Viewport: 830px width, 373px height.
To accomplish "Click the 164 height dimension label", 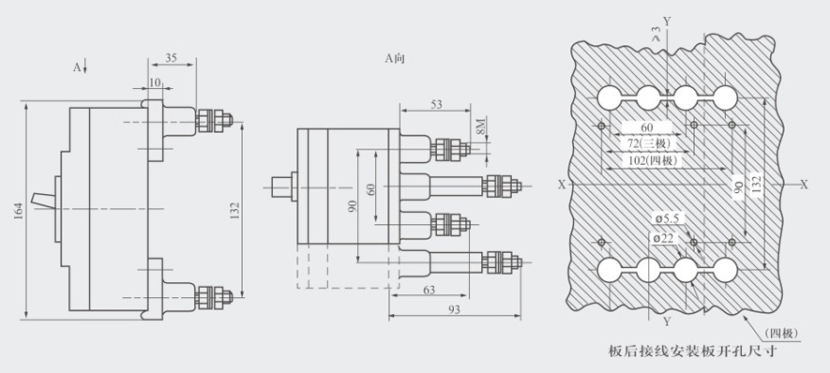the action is pyautogui.click(x=19, y=211).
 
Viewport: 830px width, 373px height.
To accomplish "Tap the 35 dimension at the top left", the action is pyautogui.click(x=171, y=58).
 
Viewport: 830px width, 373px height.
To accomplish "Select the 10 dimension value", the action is pyautogui.click(x=155, y=82).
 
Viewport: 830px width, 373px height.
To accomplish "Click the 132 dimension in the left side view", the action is pyautogui.click(x=236, y=211).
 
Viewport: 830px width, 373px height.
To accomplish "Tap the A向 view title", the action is pyautogui.click(x=395, y=58).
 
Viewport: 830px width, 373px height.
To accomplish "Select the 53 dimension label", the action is pyautogui.click(x=436, y=104).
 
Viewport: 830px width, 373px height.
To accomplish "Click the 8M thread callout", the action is pyautogui.click(x=479, y=127).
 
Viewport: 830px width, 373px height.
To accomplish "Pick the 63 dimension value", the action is pyautogui.click(x=430, y=290).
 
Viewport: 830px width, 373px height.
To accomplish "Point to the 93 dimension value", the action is pyautogui.click(x=454, y=309).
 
